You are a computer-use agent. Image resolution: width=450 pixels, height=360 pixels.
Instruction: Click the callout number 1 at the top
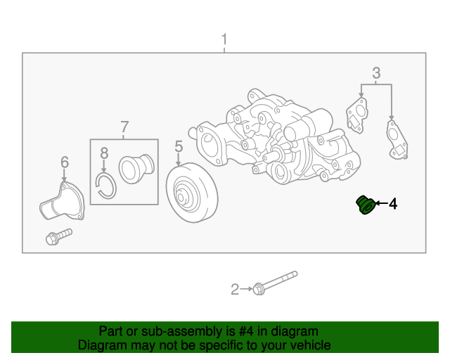tap(224, 39)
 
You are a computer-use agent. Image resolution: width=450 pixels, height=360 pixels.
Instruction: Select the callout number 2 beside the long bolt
tap(235, 290)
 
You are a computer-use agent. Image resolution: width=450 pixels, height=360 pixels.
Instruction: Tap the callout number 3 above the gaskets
tap(376, 73)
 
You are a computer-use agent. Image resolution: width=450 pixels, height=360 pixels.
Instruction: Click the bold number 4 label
tap(393, 203)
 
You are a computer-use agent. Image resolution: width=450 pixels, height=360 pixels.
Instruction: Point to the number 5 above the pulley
tap(179, 146)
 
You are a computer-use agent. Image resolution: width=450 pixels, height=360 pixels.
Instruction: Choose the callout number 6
tap(65, 162)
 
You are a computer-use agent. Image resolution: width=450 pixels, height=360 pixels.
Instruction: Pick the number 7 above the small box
tap(124, 127)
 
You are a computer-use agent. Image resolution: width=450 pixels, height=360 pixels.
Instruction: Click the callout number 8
tap(104, 153)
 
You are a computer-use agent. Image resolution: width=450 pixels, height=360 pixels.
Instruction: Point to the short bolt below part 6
tap(59, 236)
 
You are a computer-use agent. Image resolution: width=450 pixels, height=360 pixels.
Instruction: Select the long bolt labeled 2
tap(275, 283)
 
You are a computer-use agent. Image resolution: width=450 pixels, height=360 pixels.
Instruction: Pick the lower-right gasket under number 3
tap(397, 140)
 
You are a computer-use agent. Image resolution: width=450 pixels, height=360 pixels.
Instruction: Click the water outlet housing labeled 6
tap(62, 202)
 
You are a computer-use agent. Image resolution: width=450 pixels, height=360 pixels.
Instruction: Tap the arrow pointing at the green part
tap(381, 203)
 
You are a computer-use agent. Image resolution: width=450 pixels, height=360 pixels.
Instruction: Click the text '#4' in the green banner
tap(246, 331)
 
